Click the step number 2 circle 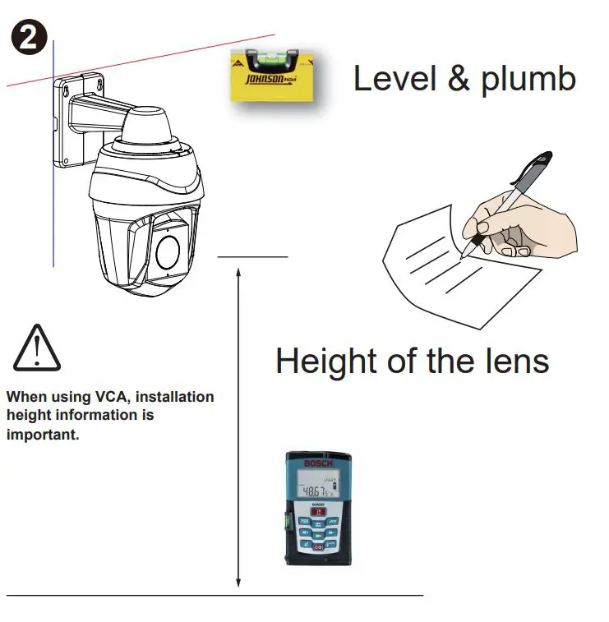(x=28, y=38)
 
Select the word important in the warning (x=43, y=434)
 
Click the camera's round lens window (x=169, y=251)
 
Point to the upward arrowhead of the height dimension (x=238, y=271)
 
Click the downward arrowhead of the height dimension (x=238, y=583)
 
